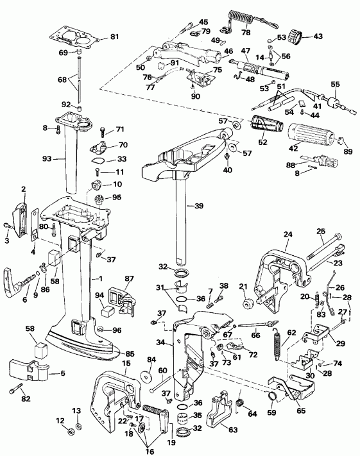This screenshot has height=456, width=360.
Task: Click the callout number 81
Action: [x=115, y=37]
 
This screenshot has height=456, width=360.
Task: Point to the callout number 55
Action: [x=334, y=84]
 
